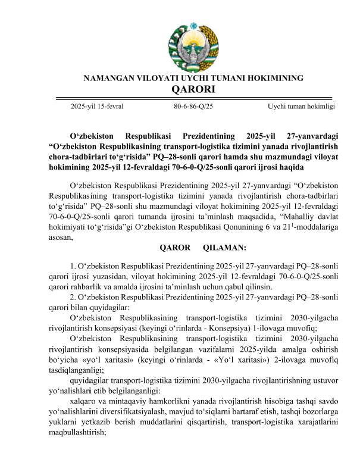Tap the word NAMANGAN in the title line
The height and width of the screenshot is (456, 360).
[110, 78]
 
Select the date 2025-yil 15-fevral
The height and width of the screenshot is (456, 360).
[97, 106]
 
